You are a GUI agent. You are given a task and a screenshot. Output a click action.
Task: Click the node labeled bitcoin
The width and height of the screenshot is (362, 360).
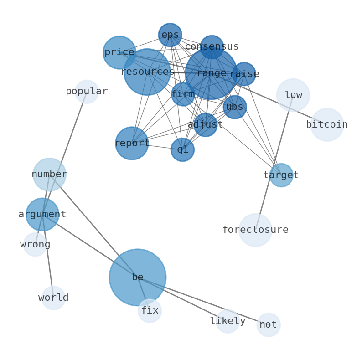(x=327, y=124)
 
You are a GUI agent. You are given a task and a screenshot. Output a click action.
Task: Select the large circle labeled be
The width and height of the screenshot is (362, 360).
(x=137, y=277)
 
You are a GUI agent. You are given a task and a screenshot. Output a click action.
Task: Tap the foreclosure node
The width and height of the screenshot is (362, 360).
(x=255, y=230)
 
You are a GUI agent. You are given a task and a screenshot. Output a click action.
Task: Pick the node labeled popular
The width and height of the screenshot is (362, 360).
(x=87, y=92)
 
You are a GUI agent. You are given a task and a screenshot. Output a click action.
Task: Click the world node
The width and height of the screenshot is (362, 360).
(x=54, y=298)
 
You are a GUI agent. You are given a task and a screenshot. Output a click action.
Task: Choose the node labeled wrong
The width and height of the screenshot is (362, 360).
(x=35, y=245)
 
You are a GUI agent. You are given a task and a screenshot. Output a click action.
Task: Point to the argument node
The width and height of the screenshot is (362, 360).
(x=42, y=214)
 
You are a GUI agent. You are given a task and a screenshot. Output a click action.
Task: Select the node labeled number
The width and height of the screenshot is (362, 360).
(x=50, y=174)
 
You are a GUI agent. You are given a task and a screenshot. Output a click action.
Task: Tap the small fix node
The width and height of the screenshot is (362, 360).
(x=150, y=311)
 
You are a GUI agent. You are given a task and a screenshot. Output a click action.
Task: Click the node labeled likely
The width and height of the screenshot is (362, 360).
(x=228, y=321)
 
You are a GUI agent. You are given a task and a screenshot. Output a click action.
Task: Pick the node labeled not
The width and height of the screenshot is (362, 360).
(x=269, y=325)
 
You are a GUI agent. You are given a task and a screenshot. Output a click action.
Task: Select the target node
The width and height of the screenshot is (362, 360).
(x=281, y=175)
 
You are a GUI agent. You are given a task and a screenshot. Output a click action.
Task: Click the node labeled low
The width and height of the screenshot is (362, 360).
(x=293, y=95)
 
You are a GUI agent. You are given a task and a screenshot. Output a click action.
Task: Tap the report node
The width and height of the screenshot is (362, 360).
(x=132, y=143)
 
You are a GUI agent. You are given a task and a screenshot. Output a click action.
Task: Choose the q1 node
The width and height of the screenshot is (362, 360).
(x=182, y=149)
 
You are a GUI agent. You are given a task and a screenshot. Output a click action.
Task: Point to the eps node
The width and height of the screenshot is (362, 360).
(x=170, y=35)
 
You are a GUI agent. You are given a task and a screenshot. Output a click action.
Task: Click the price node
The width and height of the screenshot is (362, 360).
(x=119, y=52)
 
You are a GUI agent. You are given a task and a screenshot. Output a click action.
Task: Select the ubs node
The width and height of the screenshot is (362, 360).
(x=235, y=107)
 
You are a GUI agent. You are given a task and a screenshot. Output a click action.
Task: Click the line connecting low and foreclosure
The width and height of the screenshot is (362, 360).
(x=274, y=163)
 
